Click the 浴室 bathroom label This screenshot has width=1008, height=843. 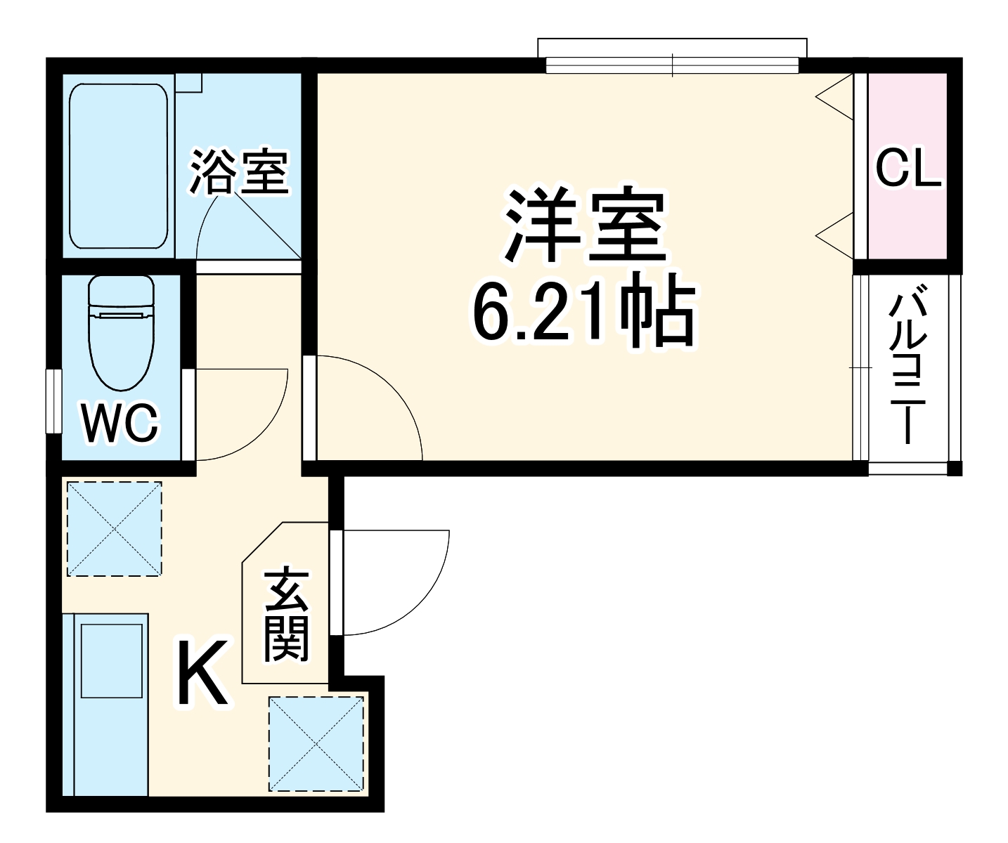tap(239, 171)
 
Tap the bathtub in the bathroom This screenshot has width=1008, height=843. tap(119, 166)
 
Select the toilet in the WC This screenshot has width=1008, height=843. tap(121, 330)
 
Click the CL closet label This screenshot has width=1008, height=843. tap(908, 169)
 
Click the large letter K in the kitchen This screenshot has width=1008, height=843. tap(202, 673)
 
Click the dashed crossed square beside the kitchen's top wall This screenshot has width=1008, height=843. tap(113, 528)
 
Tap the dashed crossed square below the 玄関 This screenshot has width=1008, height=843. tap(317, 743)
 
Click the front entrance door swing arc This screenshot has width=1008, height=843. tap(408, 590)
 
